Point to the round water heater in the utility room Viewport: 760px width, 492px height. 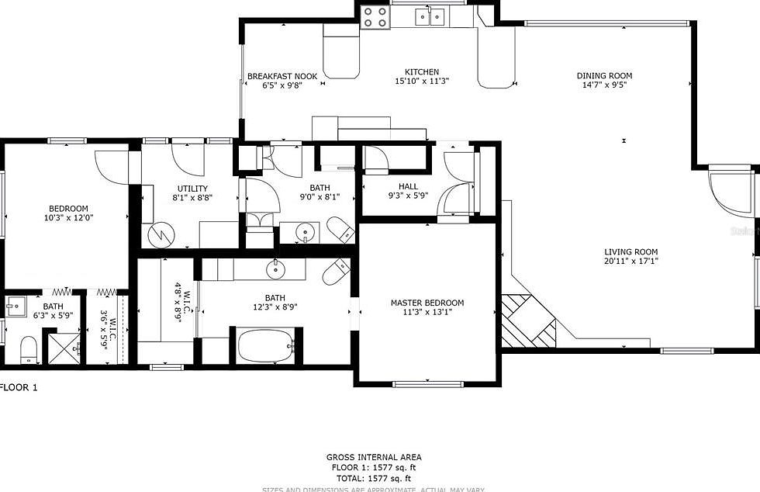coord(162,233)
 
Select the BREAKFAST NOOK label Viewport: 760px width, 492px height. coord(282,76)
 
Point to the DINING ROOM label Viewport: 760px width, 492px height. coord(604,76)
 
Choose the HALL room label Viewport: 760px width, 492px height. coord(408,187)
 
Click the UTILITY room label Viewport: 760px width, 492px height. coord(192,189)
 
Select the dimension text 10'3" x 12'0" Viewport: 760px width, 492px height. coord(69,219)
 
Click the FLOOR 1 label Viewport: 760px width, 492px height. coord(19,386)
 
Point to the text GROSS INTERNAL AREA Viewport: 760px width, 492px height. coord(373,458)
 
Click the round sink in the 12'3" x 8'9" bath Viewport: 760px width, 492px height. coord(275,269)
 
